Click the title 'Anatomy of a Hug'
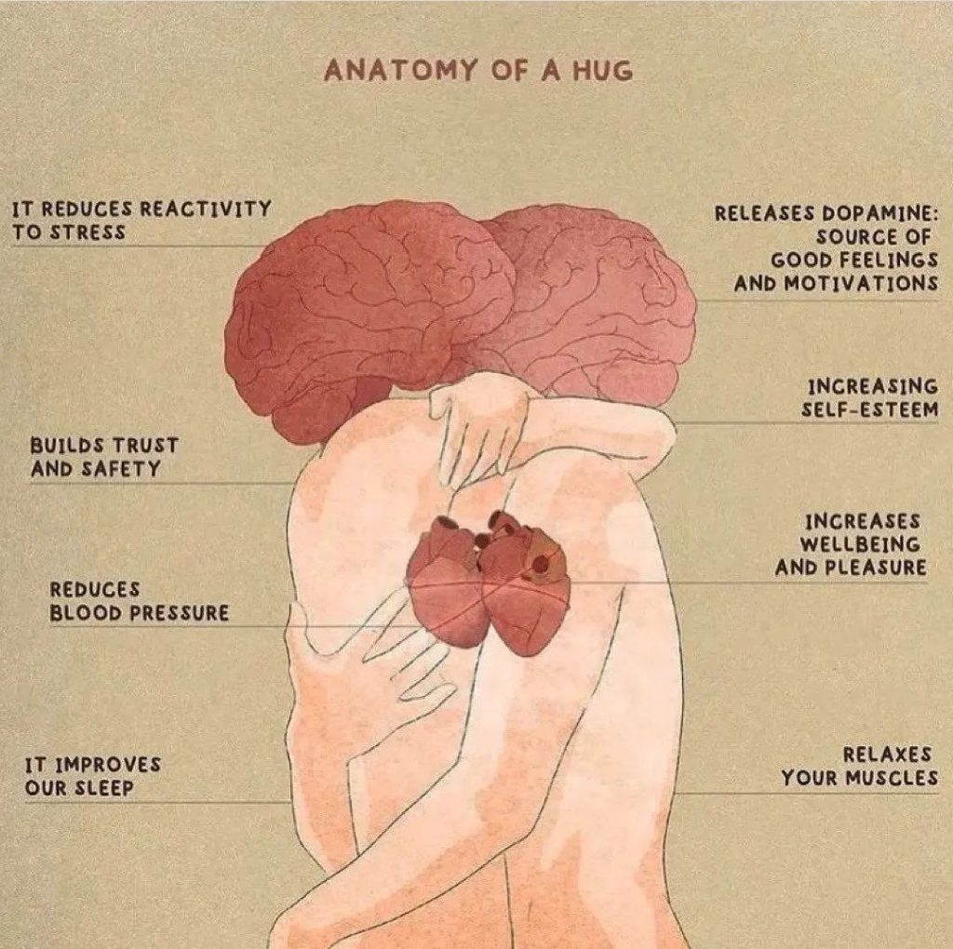pyautogui.click(x=476, y=71)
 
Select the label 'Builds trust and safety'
pyautogui.click(x=102, y=457)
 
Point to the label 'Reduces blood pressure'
pyautogui.click(x=138, y=601)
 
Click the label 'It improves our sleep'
pyautogui.click(x=91, y=777)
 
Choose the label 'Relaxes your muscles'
pyautogui.click(x=859, y=767)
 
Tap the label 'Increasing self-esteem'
pyautogui.click(x=872, y=397)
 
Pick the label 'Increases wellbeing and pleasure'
pyautogui.click(x=851, y=543)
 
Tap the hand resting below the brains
pyautogui.click(x=476, y=428)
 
